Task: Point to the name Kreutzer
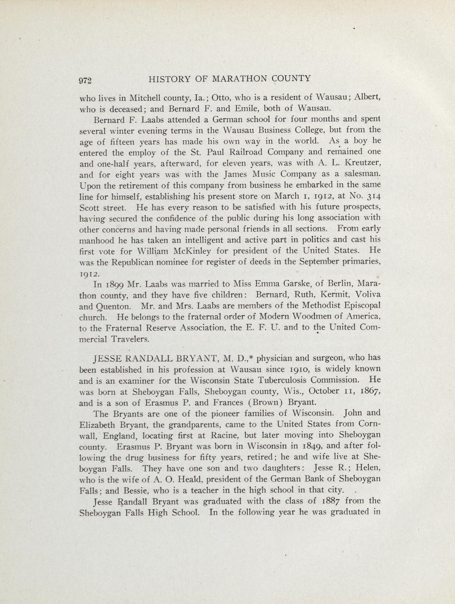coord(362,163)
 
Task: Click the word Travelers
coord(114,339)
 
